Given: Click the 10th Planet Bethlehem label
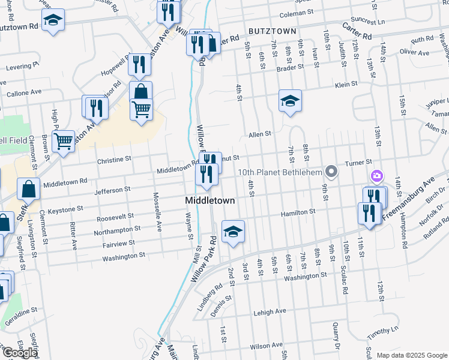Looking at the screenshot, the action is [279, 172].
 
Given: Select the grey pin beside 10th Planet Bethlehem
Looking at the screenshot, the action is [330, 172].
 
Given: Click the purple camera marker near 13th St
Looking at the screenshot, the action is [377, 176].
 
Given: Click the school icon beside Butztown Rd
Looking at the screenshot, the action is [53, 20].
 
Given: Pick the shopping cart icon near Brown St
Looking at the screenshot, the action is [63, 142].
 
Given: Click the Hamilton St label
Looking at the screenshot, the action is [300, 212].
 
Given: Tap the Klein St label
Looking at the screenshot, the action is [346, 85].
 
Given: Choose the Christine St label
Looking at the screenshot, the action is [113, 160].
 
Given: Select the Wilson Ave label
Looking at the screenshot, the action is [266, 345].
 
